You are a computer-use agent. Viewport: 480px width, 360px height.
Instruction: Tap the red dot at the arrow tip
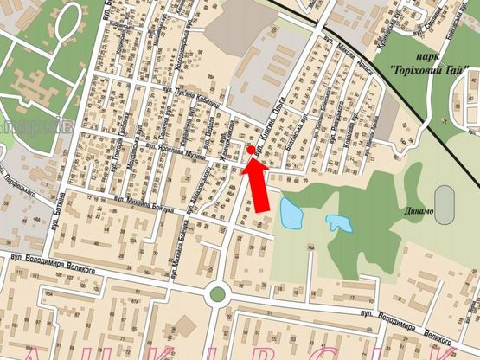tap(251, 151)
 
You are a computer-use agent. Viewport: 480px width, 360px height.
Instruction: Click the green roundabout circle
tap(217, 294)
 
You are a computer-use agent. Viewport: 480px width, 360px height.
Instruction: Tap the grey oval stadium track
tap(445, 205)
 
